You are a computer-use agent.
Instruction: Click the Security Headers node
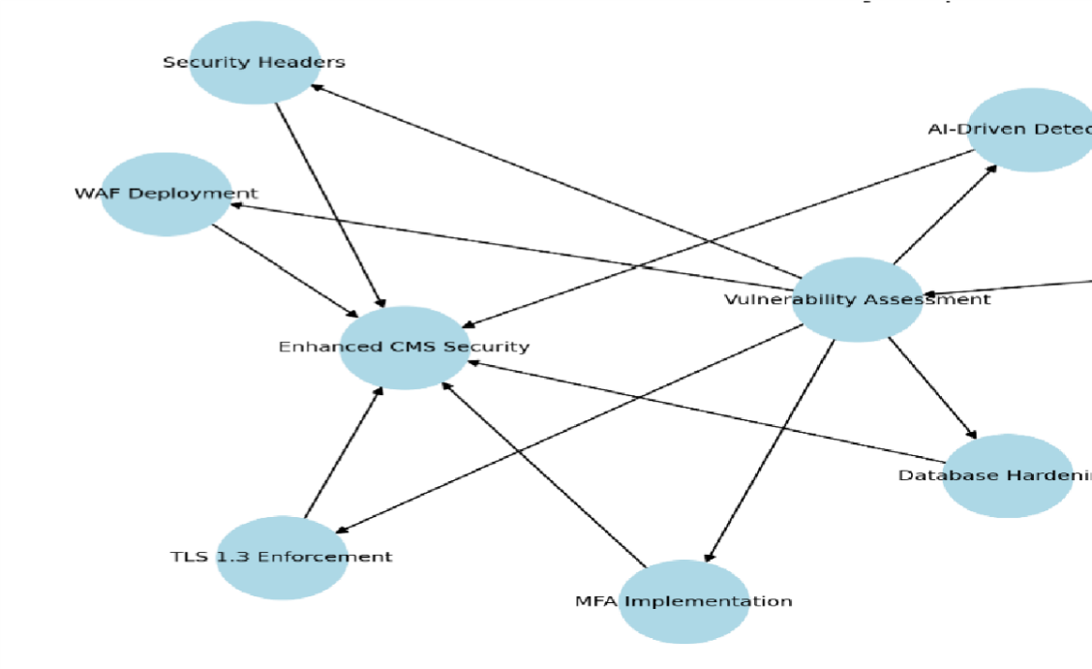coord(254,62)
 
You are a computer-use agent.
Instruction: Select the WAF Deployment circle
coord(167,194)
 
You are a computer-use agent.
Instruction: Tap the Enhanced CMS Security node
coord(405,348)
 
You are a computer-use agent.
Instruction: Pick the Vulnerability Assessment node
coord(857,299)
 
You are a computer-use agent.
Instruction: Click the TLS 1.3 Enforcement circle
coord(282,557)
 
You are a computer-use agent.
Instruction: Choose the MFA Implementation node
coord(683,601)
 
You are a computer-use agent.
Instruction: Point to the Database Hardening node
coord(1008,475)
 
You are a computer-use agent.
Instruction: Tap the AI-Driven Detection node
coord(1032,130)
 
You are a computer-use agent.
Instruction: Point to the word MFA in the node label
coord(597,601)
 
